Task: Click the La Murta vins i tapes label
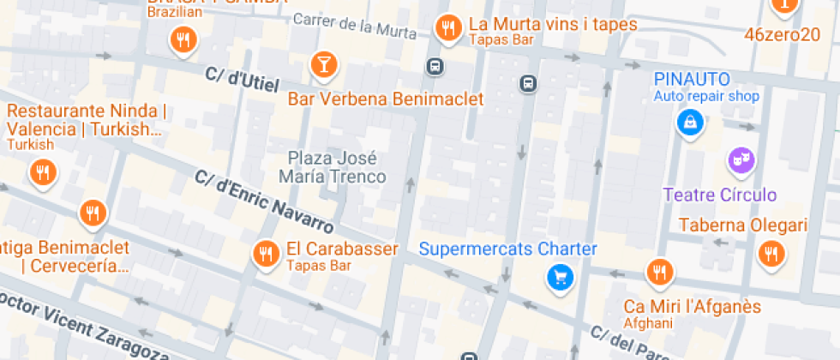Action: [553, 24]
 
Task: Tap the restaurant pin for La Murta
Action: [447, 28]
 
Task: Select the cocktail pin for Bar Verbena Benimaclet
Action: [324, 63]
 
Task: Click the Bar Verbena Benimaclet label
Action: [386, 99]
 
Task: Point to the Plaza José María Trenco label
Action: [333, 167]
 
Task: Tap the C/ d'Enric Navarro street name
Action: [264, 201]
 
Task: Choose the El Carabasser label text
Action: [342, 249]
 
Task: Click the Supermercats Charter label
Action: [507, 249]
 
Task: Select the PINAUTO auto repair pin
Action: [689, 123]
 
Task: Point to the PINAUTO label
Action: [693, 80]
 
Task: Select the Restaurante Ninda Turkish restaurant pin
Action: [42, 174]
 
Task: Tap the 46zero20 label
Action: [783, 35]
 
